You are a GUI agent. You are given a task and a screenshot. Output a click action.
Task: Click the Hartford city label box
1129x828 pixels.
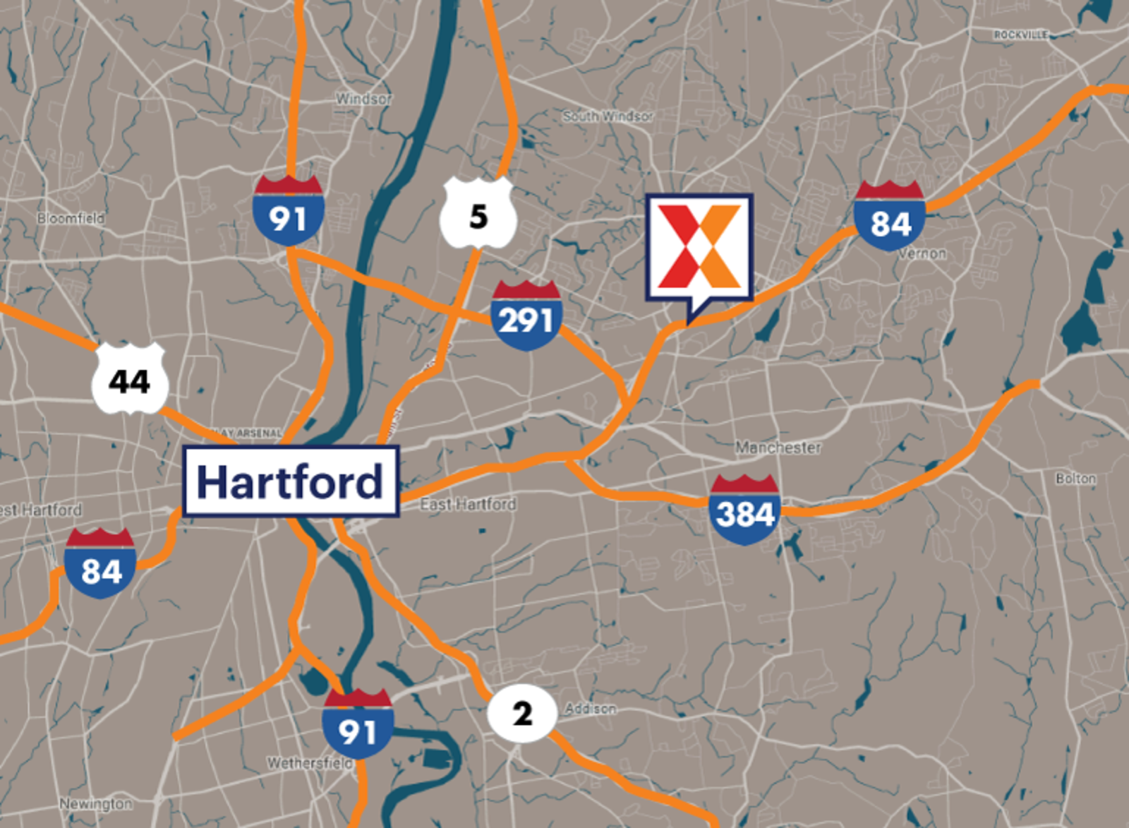pyautogui.click(x=291, y=481)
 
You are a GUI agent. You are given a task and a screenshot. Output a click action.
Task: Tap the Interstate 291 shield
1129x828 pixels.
pyautogui.click(x=526, y=316)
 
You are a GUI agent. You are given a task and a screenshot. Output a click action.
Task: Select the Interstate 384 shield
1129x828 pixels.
pyautogui.click(x=744, y=510)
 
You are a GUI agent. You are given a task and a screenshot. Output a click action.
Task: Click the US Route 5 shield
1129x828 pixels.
pyautogui.click(x=478, y=214)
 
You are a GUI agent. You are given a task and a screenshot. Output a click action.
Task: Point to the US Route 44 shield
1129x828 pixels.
pyautogui.click(x=130, y=380)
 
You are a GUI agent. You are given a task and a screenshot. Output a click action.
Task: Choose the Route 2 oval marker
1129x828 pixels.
pyautogui.click(x=522, y=714)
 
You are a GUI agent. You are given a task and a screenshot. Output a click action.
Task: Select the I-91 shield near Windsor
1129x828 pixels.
pyautogui.click(x=288, y=211)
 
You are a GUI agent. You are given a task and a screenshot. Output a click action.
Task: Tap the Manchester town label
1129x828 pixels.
pyautogui.click(x=778, y=448)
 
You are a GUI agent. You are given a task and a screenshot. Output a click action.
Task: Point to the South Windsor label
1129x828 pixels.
pyautogui.click(x=608, y=116)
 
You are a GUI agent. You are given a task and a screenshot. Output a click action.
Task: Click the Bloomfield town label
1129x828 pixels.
pyautogui.click(x=71, y=218)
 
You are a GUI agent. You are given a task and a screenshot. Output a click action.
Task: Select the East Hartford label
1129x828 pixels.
pyautogui.click(x=468, y=504)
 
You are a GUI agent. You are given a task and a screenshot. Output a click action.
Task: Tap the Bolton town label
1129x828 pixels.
pyautogui.click(x=1075, y=479)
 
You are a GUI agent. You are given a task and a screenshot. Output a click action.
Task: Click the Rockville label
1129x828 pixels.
pyautogui.click(x=1020, y=35)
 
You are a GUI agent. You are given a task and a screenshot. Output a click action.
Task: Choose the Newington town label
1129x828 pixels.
pyautogui.click(x=95, y=803)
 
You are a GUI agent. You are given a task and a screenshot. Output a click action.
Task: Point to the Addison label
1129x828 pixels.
pyautogui.click(x=590, y=708)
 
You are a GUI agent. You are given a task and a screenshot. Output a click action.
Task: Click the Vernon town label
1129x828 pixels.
pyautogui.click(x=922, y=253)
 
